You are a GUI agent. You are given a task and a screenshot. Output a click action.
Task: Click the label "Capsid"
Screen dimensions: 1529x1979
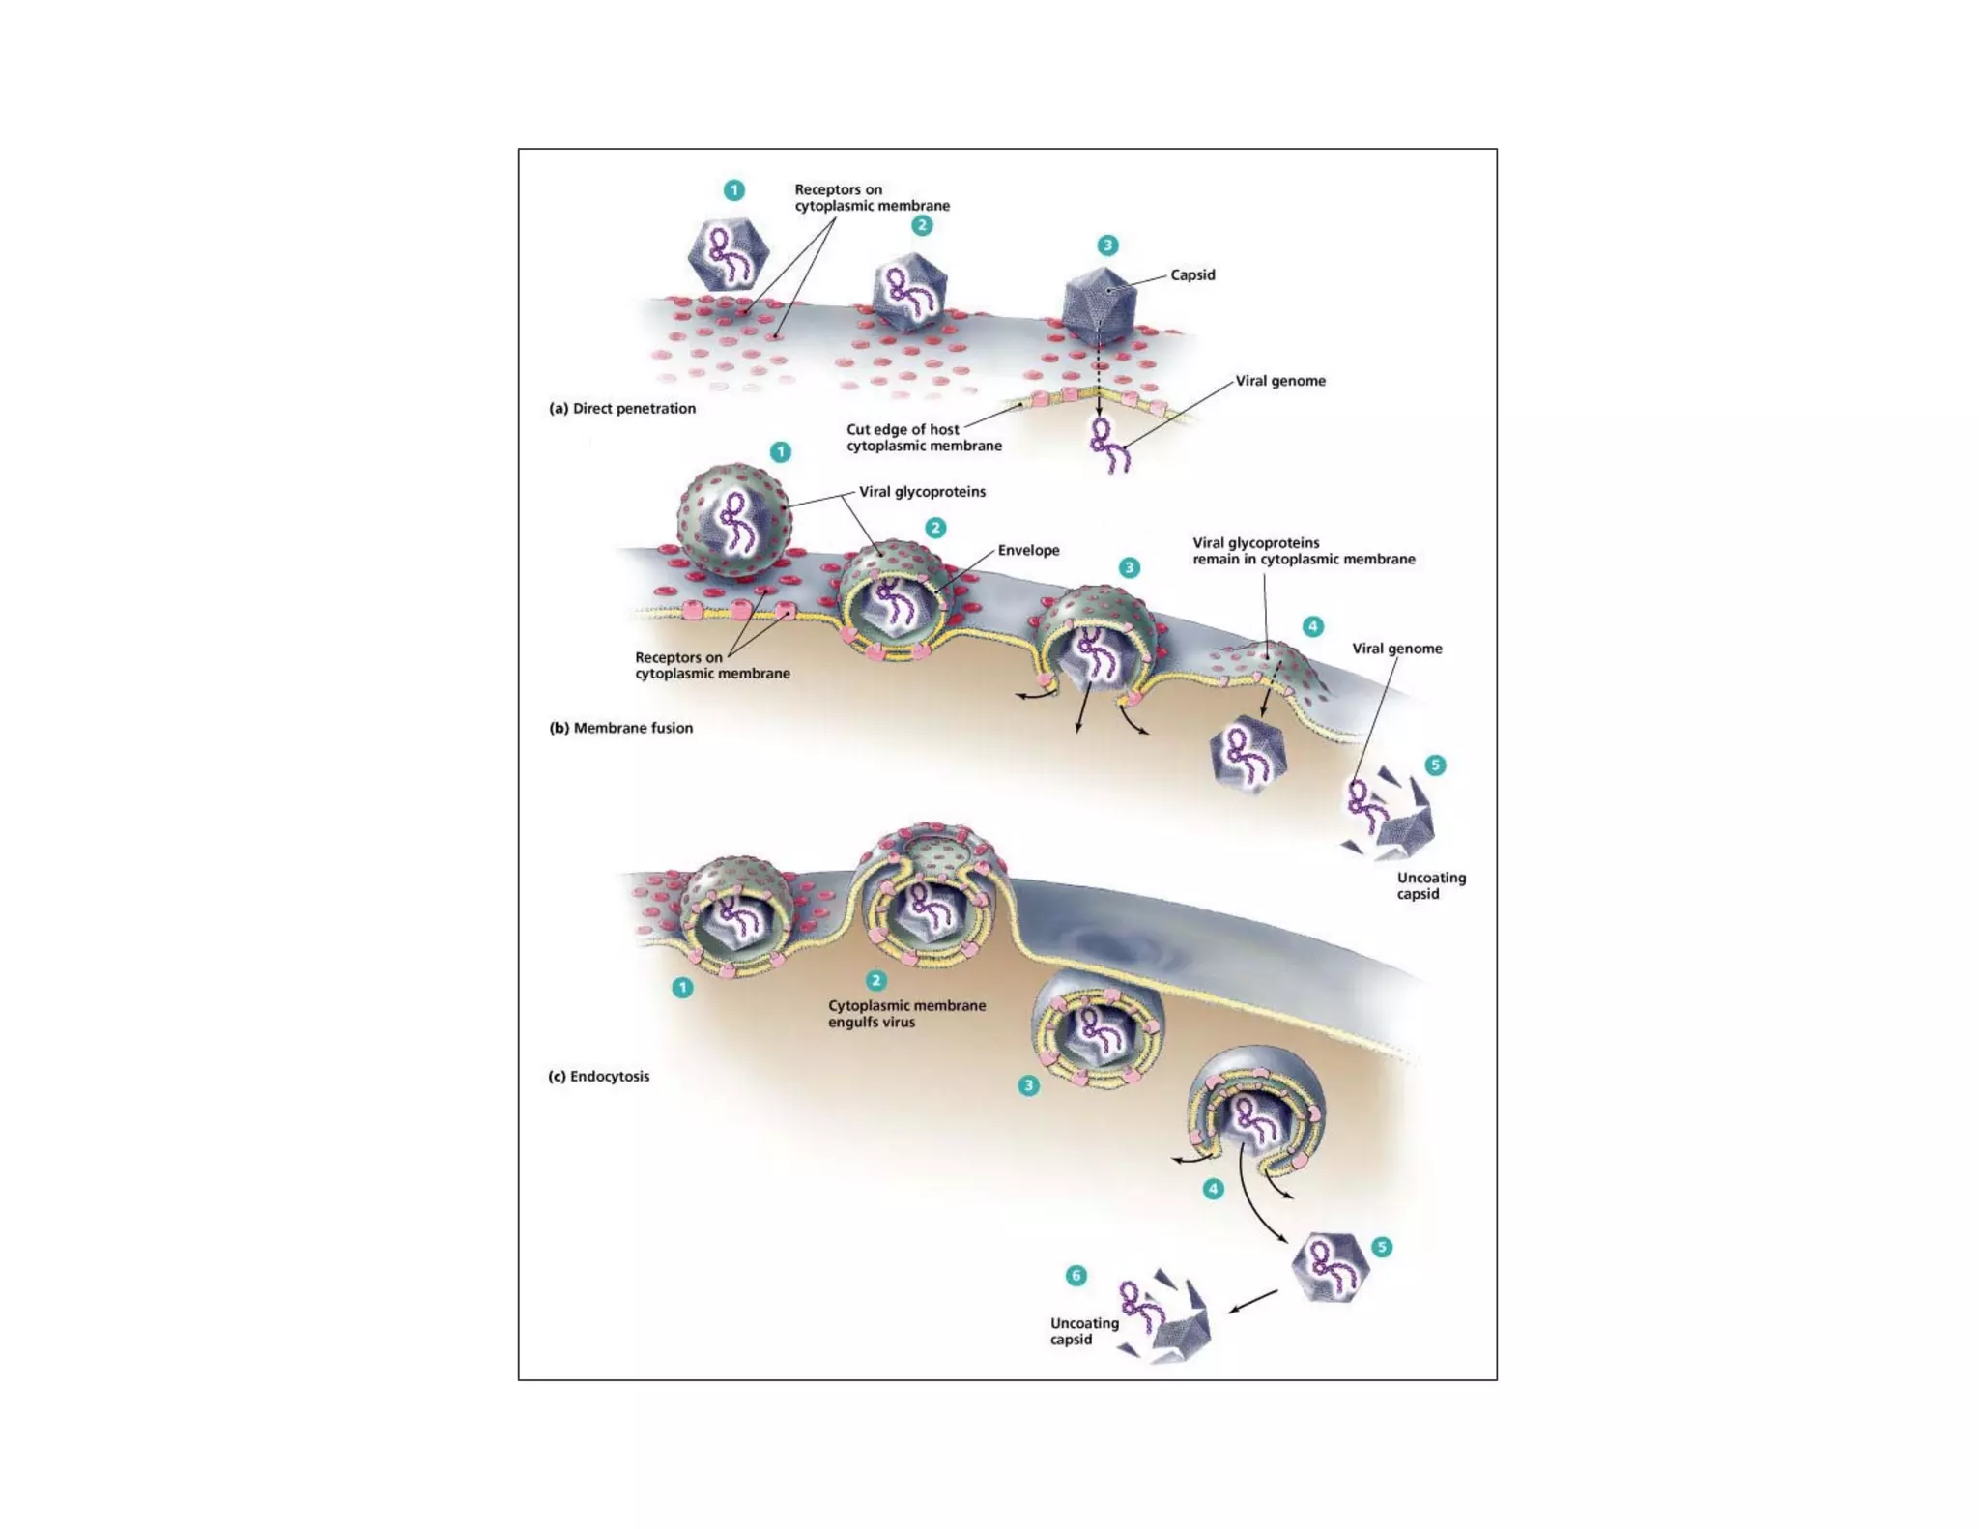coord(1192,275)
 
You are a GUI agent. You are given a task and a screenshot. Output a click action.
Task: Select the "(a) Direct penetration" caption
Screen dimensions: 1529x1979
coord(622,409)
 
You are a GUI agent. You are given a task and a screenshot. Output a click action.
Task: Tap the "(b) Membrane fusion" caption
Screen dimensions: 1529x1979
coord(620,728)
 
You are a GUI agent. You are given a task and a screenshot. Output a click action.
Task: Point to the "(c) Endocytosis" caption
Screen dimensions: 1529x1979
coord(598,1077)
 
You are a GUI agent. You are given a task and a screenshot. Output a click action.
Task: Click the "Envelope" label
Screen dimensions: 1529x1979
coord(1028,551)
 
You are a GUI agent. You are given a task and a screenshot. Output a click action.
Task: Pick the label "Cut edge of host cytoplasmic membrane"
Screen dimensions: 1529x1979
coord(923,438)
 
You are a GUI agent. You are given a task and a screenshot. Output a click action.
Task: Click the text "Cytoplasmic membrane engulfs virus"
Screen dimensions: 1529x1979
coord(906,1014)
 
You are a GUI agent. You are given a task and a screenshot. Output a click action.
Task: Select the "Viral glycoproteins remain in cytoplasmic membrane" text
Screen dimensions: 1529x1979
coord(1303,551)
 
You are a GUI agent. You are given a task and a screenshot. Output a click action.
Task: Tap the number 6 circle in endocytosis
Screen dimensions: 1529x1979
coord(1076,1276)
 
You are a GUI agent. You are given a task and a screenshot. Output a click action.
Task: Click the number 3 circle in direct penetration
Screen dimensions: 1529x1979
coord(1107,245)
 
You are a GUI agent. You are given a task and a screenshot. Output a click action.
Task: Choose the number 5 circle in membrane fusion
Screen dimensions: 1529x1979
coord(1435,765)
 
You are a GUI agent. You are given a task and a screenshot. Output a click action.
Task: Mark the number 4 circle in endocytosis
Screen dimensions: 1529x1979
coord(1213,1189)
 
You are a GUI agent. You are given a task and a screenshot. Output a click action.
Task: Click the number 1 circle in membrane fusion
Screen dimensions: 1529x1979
coord(780,452)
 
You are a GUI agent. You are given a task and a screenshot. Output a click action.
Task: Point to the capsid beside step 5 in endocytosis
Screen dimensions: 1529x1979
coord(1330,1267)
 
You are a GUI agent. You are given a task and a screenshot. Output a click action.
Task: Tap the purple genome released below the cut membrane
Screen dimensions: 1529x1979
coord(1108,446)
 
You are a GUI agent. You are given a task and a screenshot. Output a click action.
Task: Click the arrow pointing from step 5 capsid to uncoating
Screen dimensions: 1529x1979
coord(1253,1301)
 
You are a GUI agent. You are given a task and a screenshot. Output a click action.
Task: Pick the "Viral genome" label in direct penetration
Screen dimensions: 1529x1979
coord(1280,382)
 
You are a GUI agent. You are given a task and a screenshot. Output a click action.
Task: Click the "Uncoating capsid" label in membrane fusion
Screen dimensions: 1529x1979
coord(1430,886)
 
